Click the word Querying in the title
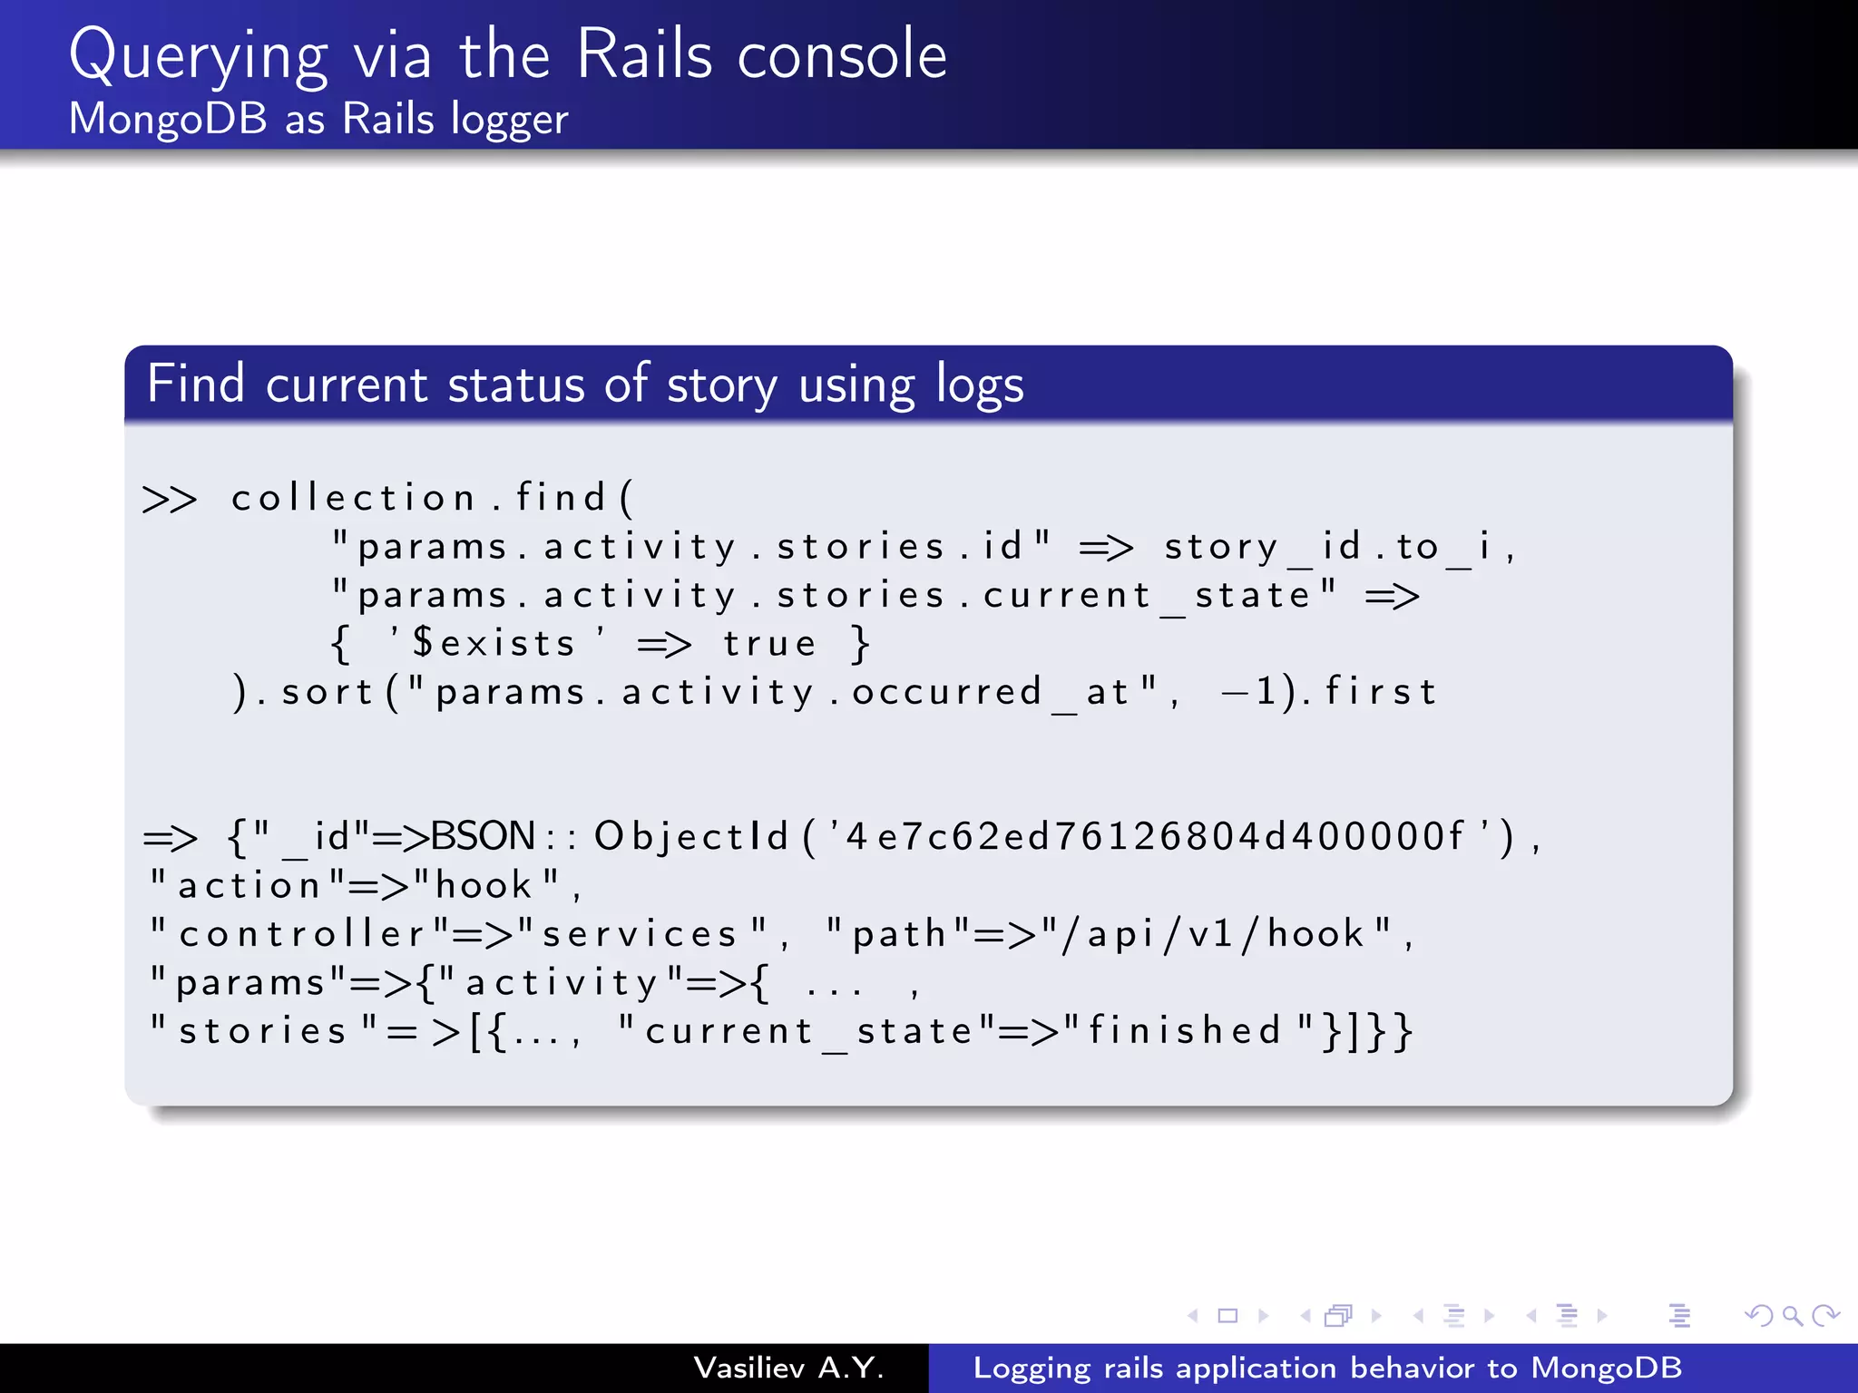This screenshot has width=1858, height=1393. tap(199, 56)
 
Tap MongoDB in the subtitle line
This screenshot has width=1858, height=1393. tap(169, 119)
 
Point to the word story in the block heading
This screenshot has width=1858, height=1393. tap(722, 385)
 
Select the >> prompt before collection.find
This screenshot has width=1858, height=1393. tap(170, 499)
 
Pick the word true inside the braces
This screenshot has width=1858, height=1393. tap(769, 644)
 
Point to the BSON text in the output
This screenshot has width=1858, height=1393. tap(483, 836)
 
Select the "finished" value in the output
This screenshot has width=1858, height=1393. tap(1188, 1031)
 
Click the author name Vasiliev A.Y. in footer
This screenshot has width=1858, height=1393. tap(788, 1368)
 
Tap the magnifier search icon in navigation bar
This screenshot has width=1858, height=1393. tap(1791, 1315)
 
